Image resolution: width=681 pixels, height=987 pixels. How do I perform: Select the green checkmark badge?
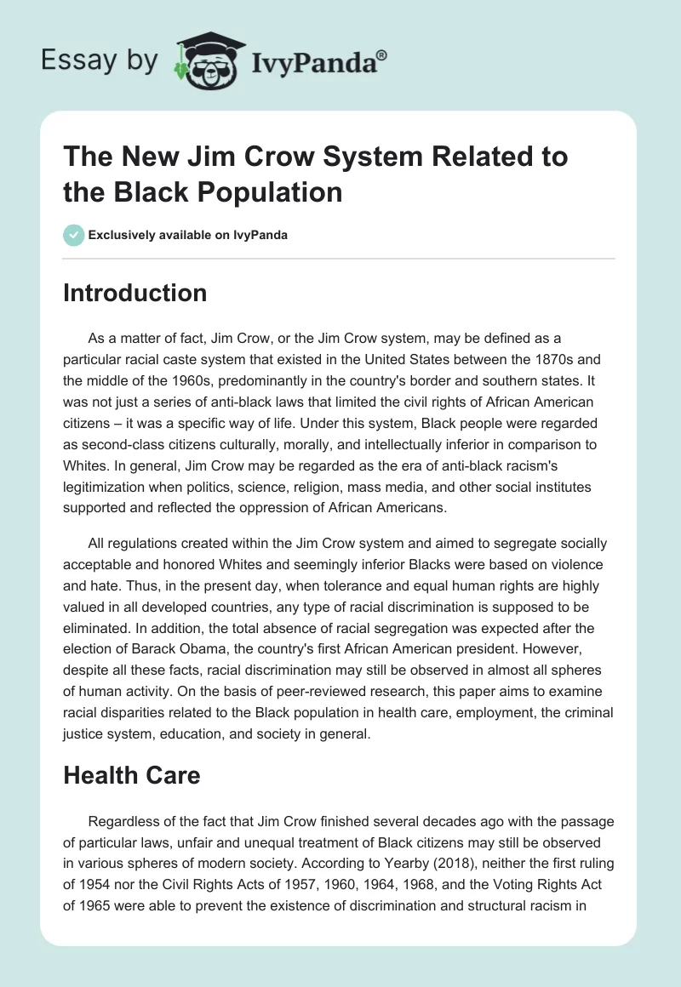point(74,235)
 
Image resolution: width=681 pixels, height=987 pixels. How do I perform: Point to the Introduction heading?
point(135,293)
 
